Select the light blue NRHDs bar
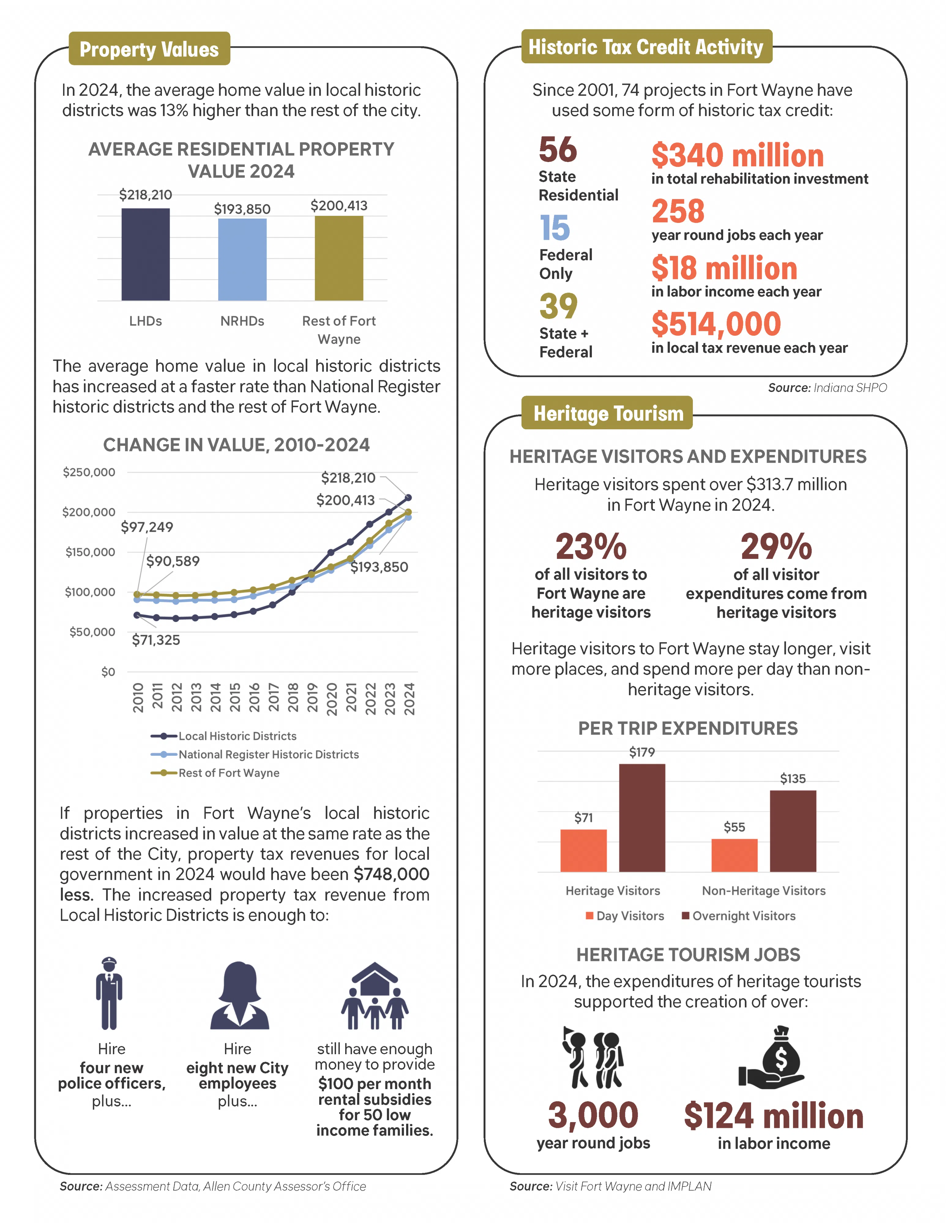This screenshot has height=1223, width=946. (242, 259)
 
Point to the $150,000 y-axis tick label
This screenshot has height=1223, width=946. (90, 552)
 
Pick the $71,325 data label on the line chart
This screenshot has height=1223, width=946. (156, 640)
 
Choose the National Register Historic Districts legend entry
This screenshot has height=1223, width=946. (268, 754)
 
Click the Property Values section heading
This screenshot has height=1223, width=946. (149, 49)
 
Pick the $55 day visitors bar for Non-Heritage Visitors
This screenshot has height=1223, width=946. (734, 855)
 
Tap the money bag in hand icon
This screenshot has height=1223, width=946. (772, 1057)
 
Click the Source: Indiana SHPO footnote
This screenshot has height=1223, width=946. (827, 387)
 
